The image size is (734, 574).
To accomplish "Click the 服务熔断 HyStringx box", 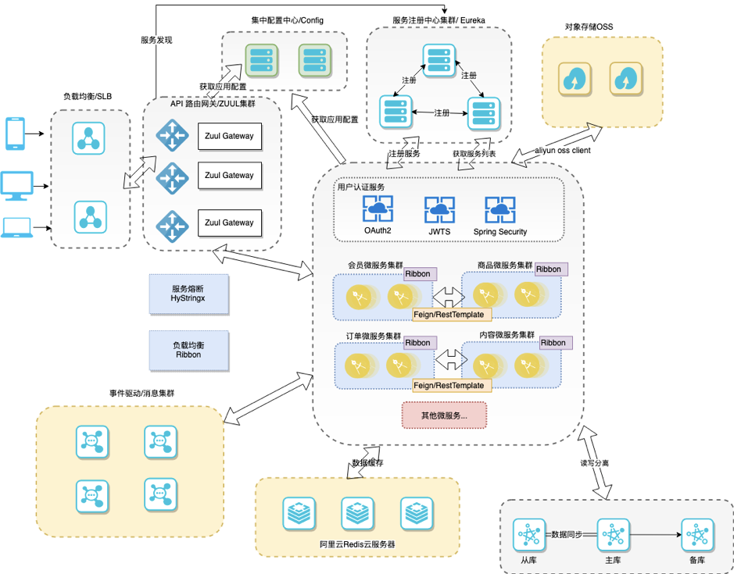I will pyautogui.click(x=188, y=294).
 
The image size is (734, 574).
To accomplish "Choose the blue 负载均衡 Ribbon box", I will pyautogui.click(x=188, y=350).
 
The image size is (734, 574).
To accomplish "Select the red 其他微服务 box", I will pyautogui.click(x=444, y=415).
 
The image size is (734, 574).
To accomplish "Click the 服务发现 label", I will pyautogui.click(x=156, y=40).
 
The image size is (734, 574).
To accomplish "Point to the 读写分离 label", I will pyautogui.click(x=594, y=463).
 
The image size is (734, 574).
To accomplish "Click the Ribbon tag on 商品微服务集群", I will pyautogui.click(x=550, y=269).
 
